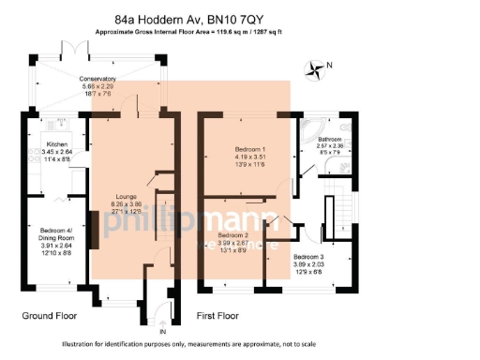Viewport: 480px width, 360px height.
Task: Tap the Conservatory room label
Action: click(x=97, y=79)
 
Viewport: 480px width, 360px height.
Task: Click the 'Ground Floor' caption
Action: click(x=49, y=316)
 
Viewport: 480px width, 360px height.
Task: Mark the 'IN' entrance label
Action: click(x=162, y=331)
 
